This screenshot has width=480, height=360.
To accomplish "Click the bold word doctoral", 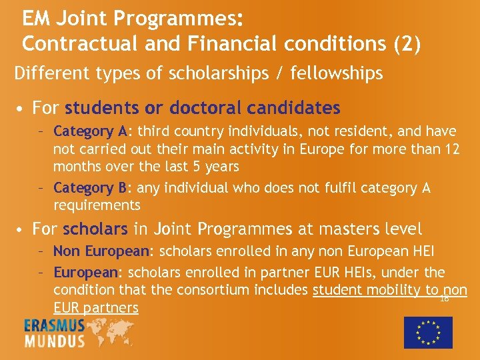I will [x=207, y=107].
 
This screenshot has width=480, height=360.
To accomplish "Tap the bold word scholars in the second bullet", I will [x=95, y=229].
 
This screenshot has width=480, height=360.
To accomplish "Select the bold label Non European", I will [x=103, y=251].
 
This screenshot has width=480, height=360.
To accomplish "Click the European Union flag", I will [x=428, y=332].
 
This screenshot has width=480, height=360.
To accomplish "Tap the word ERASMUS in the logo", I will [x=55, y=326].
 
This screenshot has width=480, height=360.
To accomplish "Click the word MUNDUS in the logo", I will [x=55, y=341].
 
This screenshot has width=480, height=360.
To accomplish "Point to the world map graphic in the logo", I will [x=110, y=332].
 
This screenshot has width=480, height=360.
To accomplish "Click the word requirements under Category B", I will [x=97, y=205].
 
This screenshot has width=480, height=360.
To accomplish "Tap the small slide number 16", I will [x=444, y=299].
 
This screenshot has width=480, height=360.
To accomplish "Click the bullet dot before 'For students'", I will [x=23, y=108].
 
